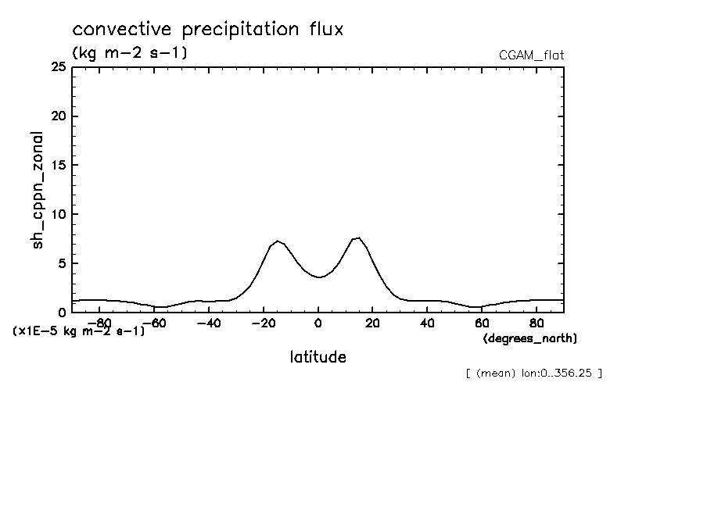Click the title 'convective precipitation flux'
pyautogui.click(x=208, y=30)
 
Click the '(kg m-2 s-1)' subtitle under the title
pyautogui.click(x=129, y=53)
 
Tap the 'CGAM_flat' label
pyautogui.click(x=531, y=55)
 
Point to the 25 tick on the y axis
pyautogui.click(x=57, y=68)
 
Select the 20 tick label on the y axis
pyautogui.click(x=57, y=116)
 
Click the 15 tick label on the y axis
pyautogui.click(x=57, y=166)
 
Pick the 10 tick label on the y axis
pyautogui.click(x=57, y=214)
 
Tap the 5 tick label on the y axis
pyautogui.click(x=61, y=263)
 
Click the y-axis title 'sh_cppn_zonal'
pyautogui.click(x=38, y=191)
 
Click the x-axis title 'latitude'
pyautogui.click(x=318, y=357)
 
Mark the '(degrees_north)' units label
pyautogui.click(x=530, y=338)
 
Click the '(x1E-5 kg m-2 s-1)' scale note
pyautogui.click(x=79, y=331)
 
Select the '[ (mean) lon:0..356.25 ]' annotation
pyautogui.click(x=533, y=373)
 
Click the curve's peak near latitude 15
pyautogui.click(x=357, y=238)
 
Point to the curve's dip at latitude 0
pyautogui.click(x=318, y=277)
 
